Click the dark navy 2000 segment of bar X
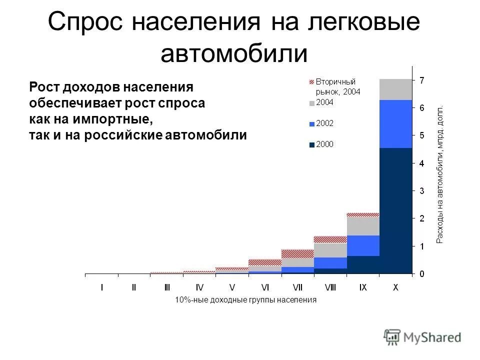coord(396,210)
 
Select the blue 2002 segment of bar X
coord(396,124)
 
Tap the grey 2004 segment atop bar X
coord(396,89)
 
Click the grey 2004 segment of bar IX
coord(363,225)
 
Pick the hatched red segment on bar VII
coord(297,253)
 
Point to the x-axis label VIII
coord(330,287)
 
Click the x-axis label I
coord(102,287)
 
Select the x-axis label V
coord(232,287)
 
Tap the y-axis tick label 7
coord(421,80)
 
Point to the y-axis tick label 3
coord(421,191)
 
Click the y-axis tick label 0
coord(421,274)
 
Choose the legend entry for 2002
coord(324,123)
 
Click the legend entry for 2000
coord(324,144)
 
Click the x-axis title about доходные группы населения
coord(246,300)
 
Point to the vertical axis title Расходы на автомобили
coord(440,175)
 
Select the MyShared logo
coord(422,337)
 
